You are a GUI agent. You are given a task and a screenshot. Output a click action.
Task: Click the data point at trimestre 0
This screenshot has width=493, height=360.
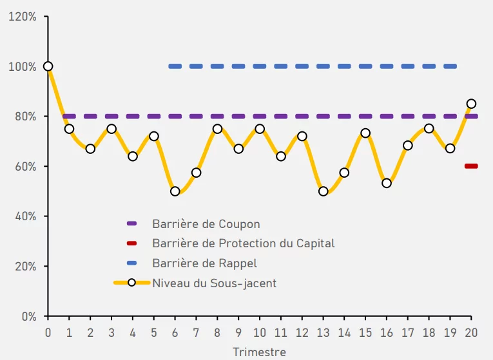48,66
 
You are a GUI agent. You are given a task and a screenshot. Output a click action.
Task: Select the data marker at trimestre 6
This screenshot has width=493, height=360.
175,191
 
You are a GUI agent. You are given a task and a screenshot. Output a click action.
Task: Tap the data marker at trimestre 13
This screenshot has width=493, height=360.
323,191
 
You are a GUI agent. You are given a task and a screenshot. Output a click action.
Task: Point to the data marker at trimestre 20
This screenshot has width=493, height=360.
471,104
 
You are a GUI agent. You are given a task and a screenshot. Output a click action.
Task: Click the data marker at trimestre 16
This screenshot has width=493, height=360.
387,183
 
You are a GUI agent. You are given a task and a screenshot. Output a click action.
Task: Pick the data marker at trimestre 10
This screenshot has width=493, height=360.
260,129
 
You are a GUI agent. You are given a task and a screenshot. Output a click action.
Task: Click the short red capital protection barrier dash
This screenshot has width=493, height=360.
471,166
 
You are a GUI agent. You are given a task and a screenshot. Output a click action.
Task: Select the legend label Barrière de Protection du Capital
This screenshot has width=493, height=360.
244,243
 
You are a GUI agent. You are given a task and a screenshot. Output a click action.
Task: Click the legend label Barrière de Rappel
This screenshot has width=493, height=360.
205,263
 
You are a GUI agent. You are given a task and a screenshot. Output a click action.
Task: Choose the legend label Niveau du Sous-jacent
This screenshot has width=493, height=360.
214,283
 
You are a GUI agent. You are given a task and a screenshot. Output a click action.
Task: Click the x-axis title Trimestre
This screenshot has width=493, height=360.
259,352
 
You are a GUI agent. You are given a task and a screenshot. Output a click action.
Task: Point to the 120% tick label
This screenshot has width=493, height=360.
22,16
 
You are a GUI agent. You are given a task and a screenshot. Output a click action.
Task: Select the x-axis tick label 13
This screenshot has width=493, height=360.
323,332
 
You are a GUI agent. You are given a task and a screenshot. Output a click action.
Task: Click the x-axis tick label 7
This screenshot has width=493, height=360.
196,332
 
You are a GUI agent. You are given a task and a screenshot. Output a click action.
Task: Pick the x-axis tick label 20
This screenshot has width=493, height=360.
471,332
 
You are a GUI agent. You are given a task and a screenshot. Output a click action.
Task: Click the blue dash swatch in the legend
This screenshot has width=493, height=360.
132,263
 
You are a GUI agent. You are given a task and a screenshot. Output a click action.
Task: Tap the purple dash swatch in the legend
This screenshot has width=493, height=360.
132,224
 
